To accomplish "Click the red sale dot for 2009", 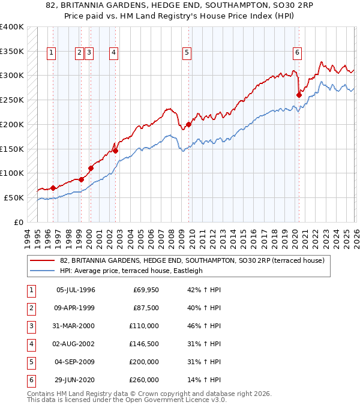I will pos(188,125).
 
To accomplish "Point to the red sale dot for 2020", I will pos(299,94).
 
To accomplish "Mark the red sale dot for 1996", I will pos(53,188).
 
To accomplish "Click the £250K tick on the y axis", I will pos(11,100).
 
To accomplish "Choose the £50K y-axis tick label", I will pos(13,197).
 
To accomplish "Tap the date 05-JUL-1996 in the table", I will pos(76,290).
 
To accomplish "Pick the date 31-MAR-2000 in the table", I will pos(76,326).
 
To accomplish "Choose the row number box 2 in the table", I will pos(30,308).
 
